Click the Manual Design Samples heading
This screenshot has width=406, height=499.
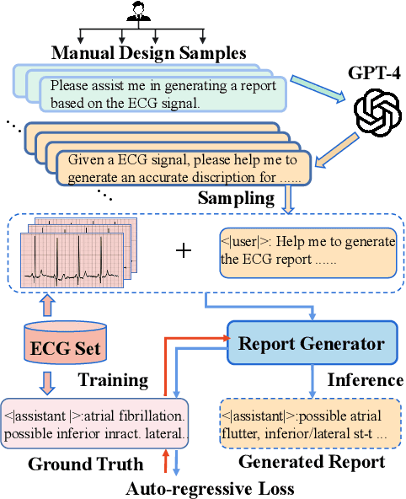(148, 53)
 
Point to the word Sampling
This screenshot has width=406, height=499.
(235, 199)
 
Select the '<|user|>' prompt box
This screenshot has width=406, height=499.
(307, 250)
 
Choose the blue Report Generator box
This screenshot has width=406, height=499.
(311, 344)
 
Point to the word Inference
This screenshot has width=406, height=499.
(364, 379)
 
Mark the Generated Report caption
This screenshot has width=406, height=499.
(312, 462)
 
